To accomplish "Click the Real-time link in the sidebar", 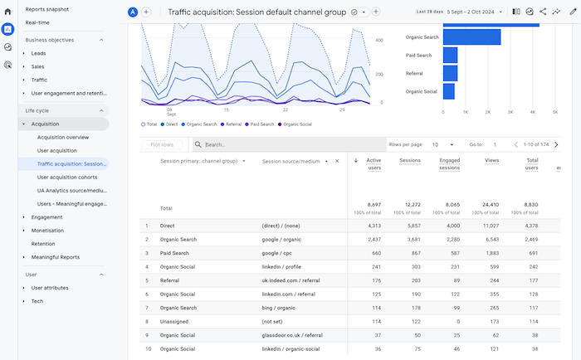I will [x=37, y=22].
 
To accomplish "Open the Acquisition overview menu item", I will [x=63, y=137].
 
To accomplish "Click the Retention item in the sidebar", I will [x=43, y=244].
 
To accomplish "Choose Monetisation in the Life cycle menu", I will [x=49, y=231].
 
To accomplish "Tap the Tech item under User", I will [x=37, y=301].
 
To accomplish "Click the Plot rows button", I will [x=162, y=144].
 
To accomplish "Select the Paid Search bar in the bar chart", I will [x=450, y=55].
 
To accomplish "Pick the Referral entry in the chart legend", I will [x=233, y=124].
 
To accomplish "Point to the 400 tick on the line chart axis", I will [x=378, y=40].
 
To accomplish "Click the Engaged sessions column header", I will [x=449, y=164].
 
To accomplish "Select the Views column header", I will [x=491, y=161].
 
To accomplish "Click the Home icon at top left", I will [x=7, y=12].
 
